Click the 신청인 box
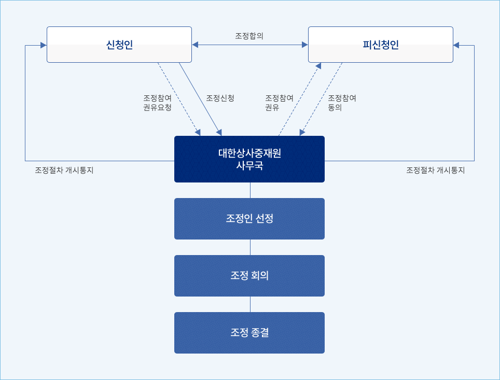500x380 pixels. (119, 45)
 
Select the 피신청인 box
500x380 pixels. (380, 45)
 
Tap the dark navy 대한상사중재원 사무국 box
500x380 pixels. (249, 159)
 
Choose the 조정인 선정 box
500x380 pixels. (249, 219)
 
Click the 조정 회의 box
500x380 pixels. (249, 276)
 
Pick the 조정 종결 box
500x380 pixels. (249, 333)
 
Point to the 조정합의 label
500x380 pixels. (249, 36)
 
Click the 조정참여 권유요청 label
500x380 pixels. (158, 103)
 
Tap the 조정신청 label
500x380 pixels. (220, 98)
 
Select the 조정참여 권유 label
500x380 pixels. (280, 103)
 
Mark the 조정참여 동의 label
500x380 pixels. (342, 103)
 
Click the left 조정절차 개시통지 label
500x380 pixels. (64, 170)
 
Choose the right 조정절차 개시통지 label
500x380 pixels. (435, 170)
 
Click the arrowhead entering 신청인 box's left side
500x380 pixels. (44, 45)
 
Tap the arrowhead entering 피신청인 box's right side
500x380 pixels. (456, 45)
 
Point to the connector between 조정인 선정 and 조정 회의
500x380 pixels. (251, 247)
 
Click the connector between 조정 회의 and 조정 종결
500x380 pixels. (251, 304)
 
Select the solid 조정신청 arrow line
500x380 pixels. (200, 99)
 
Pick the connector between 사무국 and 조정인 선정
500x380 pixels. (251, 190)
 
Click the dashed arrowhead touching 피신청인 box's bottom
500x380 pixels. (318, 66)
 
